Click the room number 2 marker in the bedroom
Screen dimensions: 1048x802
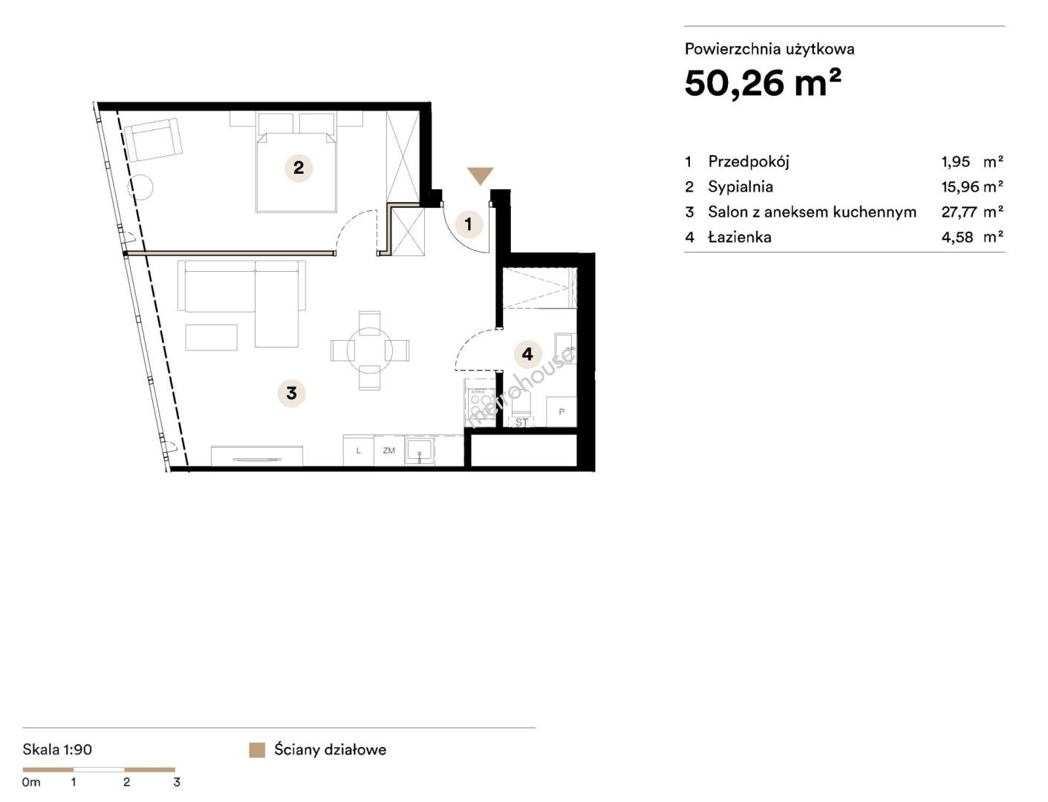(x=299, y=168)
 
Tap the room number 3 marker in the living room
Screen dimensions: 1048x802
(x=291, y=393)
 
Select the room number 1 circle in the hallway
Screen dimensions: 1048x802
(x=469, y=224)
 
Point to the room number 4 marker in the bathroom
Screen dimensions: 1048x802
(x=527, y=353)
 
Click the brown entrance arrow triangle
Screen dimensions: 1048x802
(x=481, y=175)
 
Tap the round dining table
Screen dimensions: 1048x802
(x=370, y=351)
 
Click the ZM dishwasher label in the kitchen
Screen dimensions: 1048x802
(x=388, y=450)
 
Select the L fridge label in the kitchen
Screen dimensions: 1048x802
(x=358, y=451)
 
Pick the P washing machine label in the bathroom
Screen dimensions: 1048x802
(x=562, y=411)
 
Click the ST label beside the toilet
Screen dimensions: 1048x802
(x=521, y=423)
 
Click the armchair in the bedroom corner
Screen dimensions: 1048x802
(x=153, y=140)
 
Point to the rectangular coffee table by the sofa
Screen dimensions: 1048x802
(x=211, y=337)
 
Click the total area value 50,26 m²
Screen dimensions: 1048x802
(x=763, y=83)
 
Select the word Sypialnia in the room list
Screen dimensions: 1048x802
(x=740, y=186)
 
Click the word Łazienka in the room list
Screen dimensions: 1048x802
(x=739, y=237)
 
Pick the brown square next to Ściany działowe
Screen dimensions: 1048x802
(x=257, y=750)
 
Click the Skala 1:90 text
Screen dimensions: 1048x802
(x=57, y=749)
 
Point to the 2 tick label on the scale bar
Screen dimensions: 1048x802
(x=126, y=782)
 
